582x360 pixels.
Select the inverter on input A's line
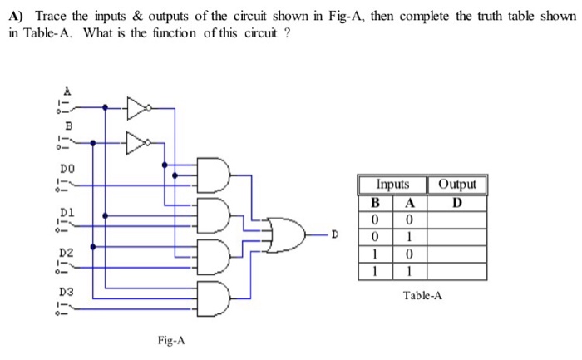pyautogui.click(x=138, y=107)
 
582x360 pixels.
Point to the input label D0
pyautogui.click(x=67, y=168)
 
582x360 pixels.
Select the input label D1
pyautogui.click(x=67, y=211)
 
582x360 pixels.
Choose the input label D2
pyautogui.click(x=67, y=251)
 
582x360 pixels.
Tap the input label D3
pyautogui.click(x=67, y=292)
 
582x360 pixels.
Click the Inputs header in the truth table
pyautogui.click(x=392, y=185)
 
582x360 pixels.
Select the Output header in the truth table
pyautogui.click(x=457, y=185)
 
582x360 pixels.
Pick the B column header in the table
pyautogui.click(x=375, y=202)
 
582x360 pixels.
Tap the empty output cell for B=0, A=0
pyautogui.click(x=457, y=219)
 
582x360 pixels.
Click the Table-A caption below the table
pyautogui.click(x=422, y=295)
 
